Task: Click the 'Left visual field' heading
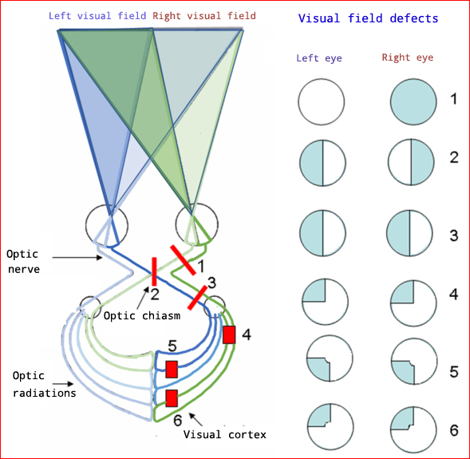tap(97, 16)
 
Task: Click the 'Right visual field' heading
tap(203, 16)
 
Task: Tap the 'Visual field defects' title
tap(368, 18)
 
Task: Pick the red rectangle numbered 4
tap(230, 334)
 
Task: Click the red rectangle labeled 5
tap(171, 368)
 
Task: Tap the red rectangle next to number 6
tap(171, 398)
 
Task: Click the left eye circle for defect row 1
tap(321, 103)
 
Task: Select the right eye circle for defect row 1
tap(413, 103)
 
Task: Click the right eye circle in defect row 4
tap(413, 302)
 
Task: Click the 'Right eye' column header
tap(407, 57)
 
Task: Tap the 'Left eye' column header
tap(319, 57)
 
